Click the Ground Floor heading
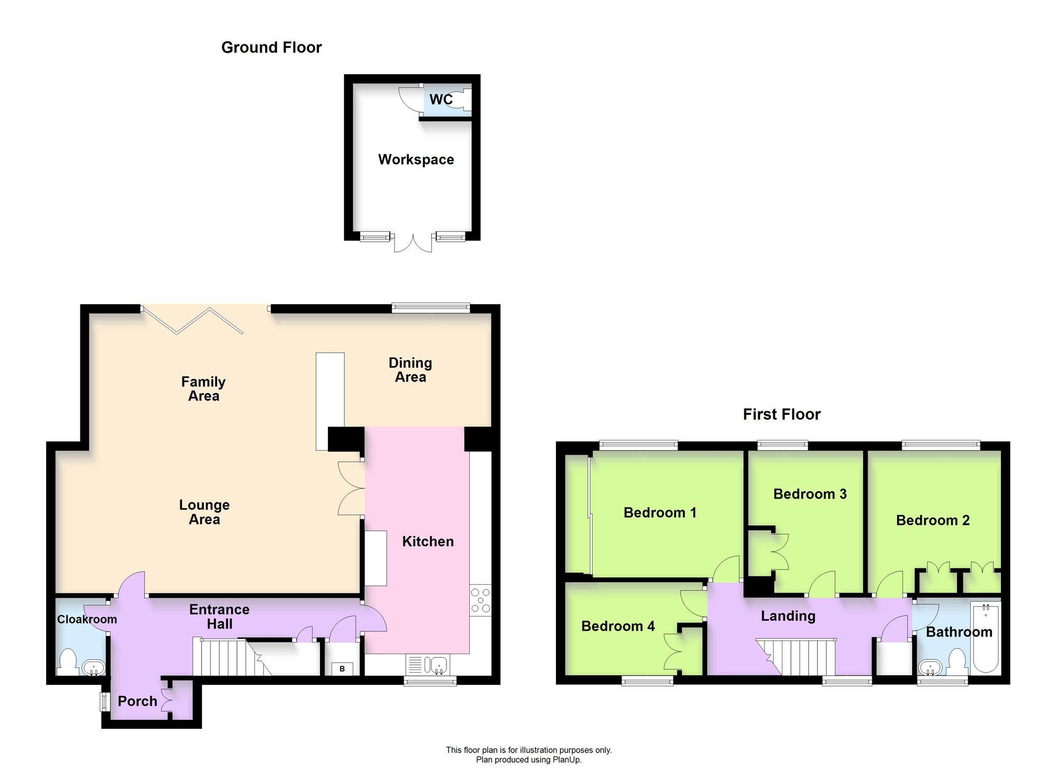click(x=271, y=48)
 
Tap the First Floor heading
click(x=781, y=414)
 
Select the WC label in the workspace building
click(x=440, y=99)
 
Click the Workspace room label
click(x=416, y=160)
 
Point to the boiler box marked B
click(x=342, y=669)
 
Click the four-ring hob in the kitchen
click(x=480, y=601)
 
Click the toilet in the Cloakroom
click(x=68, y=662)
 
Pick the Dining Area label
click(x=411, y=370)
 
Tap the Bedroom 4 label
click(x=618, y=627)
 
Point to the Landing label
click(x=788, y=616)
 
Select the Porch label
click(x=138, y=702)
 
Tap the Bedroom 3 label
click(x=810, y=494)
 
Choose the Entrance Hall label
click(x=219, y=617)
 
